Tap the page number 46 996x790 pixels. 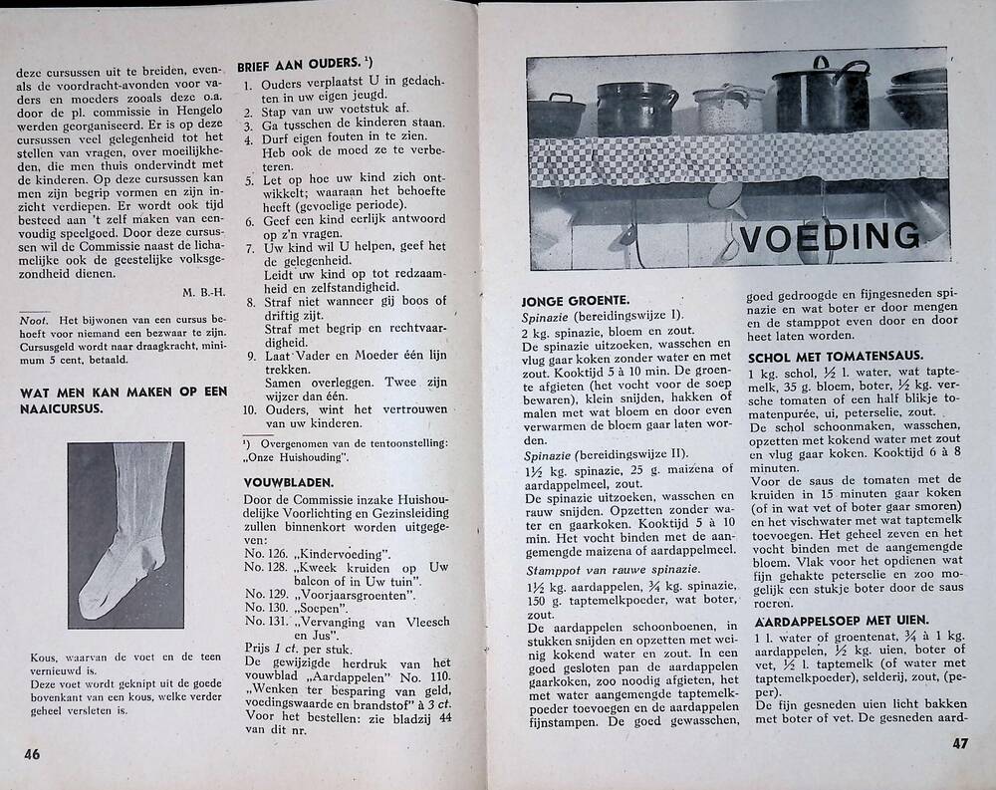pos(32,754)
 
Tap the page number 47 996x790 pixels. pos(960,743)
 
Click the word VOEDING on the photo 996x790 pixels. pos(829,237)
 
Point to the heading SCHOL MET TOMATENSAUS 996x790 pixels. pos(834,356)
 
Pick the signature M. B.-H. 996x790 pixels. pos(204,292)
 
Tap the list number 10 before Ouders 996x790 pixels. pos(250,408)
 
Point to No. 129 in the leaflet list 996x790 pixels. pos(266,589)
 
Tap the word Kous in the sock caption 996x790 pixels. pos(43,658)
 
